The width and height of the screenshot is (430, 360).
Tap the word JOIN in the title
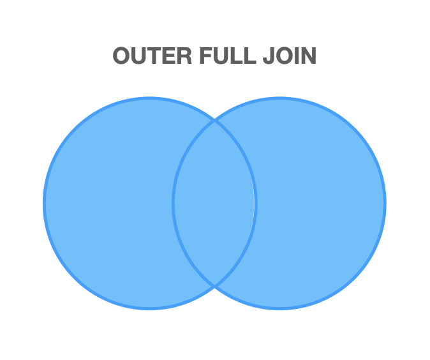coord(289,56)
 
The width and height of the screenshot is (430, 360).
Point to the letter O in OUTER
coord(122,56)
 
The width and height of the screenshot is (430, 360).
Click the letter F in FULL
coord(205,56)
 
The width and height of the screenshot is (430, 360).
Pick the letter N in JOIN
coord(308,56)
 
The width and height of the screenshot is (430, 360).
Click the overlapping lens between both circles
coord(214,203)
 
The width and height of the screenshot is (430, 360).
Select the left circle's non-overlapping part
coord(108,203)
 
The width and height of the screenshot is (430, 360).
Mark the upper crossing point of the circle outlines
coord(214,121)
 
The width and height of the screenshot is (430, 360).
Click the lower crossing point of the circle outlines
coord(214,285)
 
